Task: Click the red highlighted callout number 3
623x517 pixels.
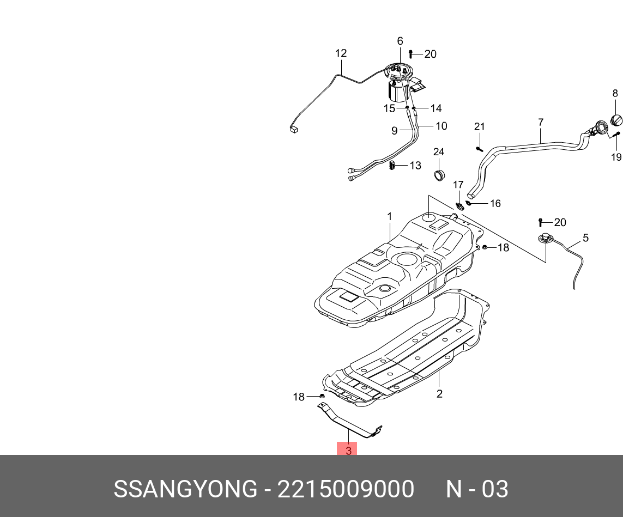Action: [x=348, y=450]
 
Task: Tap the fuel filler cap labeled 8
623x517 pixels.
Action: [x=616, y=119]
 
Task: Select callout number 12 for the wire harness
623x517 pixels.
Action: [x=341, y=53]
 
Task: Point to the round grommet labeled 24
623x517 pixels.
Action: [x=439, y=175]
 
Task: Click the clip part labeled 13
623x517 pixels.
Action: [x=392, y=165]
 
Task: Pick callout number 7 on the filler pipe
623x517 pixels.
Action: [x=541, y=123]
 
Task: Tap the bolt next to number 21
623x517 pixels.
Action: [x=479, y=148]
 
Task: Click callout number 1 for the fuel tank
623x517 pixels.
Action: [x=390, y=217]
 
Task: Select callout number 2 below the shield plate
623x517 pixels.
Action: [x=439, y=393]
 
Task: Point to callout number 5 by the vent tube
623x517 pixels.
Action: [x=585, y=238]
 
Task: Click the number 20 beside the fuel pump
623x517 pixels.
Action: [x=430, y=54]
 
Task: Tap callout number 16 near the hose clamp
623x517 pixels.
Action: [x=495, y=204]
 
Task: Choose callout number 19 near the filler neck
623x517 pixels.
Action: [x=616, y=157]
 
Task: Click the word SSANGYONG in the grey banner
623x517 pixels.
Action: [x=184, y=489]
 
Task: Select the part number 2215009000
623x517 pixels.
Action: [x=346, y=489]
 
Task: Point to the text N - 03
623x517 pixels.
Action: [x=477, y=489]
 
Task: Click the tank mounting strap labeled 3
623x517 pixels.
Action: [x=349, y=422]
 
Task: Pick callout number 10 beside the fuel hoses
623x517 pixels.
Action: [x=441, y=126]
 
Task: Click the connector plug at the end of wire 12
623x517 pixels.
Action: [x=294, y=129]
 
